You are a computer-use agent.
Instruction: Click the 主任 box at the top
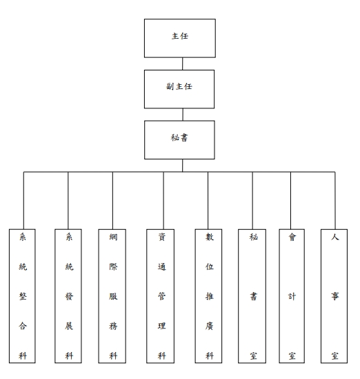click(180, 38)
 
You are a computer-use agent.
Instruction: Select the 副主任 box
click(179, 89)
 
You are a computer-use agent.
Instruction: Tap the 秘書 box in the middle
click(179, 140)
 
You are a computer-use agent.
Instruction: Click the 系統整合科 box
click(22, 296)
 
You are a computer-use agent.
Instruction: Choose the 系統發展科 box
click(68, 296)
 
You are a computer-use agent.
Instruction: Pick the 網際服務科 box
click(112, 296)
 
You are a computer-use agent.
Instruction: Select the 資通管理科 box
click(160, 296)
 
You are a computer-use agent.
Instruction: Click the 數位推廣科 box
click(208, 296)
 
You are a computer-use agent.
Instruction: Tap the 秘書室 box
click(252, 296)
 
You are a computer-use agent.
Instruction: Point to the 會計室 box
click(292, 296)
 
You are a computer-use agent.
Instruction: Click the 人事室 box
click(334, 296)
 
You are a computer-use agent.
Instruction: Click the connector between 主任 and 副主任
click(182, 64)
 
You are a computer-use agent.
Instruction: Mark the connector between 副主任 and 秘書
click(183, 115)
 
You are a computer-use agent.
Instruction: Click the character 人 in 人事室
click(335, 237)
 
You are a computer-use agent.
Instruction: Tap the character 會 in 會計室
click(292, 237)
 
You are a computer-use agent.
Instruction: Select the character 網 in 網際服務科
click(113, 237)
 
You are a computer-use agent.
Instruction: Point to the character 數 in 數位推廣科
click(210, 237)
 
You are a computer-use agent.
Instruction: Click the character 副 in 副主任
click(170, 86)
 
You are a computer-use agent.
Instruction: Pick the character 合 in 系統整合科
click(23, 326)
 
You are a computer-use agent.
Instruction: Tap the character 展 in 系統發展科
click(69, 326)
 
